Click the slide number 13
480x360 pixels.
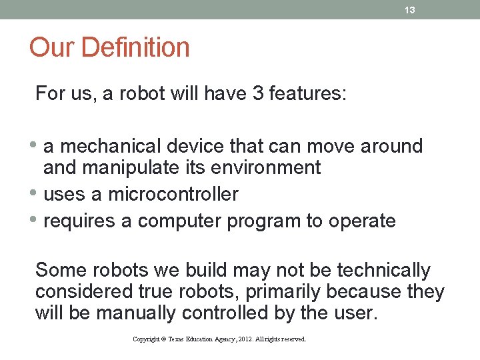tap(410, 10)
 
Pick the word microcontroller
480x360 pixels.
tap(173, 194)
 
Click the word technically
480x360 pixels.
tap(384, 270)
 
